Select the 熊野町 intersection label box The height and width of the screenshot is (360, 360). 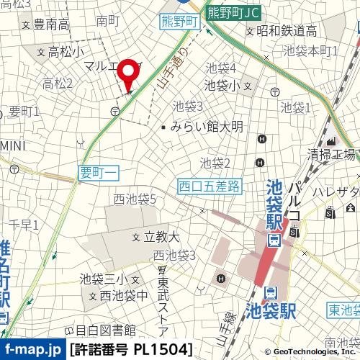click(x=179, y=22)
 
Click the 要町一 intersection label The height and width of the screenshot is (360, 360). click(x=95, y=173)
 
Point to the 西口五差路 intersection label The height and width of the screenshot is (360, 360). click(x=210, y=186)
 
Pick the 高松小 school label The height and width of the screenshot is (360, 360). click(x=66, y=52)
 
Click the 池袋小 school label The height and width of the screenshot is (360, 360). click(x=222, y=85)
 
